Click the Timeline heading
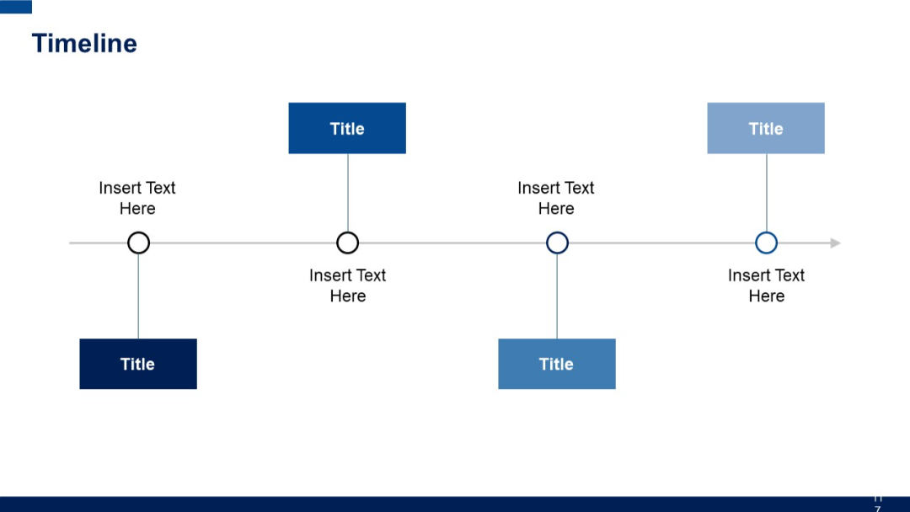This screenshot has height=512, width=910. [x=84, y=44]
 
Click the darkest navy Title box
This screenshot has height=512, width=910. [x=138, y=364]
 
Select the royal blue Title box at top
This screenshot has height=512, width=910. [x=347, y=128]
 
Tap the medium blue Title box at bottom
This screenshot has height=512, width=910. [x=557, y=364]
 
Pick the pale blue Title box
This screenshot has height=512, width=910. [x=766, y=128]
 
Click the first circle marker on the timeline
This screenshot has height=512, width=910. [x=138, y=243]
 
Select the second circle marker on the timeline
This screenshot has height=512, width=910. [x=347, y=243]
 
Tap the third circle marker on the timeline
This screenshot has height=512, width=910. [x=557, y=243]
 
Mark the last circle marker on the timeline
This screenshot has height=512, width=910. [x=766, y=243]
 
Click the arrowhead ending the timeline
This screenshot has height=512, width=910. [x=835, y=243]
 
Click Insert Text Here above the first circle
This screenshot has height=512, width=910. [x=137, y=198]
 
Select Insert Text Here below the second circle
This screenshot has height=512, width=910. [x=347, y=285]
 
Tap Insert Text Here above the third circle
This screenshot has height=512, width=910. [x=556, y=198]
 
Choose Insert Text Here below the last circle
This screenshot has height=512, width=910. [x=766, y=285]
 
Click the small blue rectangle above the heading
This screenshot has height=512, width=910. [x=16, y=7]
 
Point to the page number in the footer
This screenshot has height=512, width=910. [x=877, y=504]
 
